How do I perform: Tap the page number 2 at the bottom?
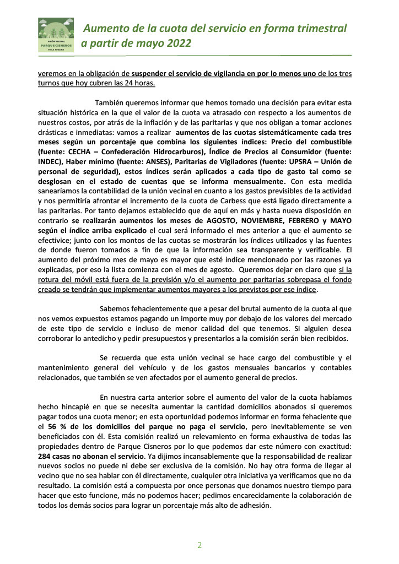tap(199, 545)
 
